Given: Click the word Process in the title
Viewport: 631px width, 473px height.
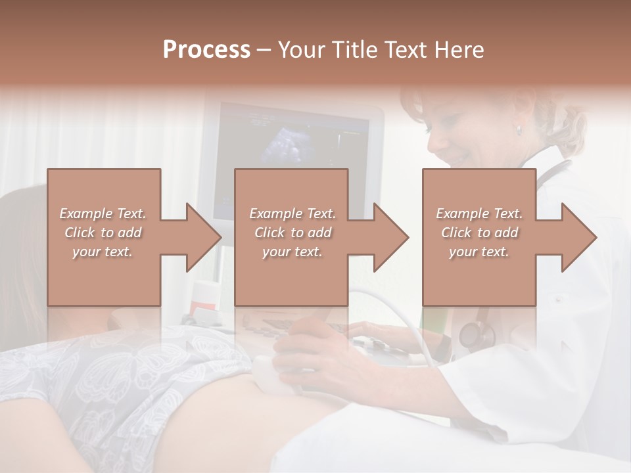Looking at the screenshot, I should pyautogui.click(x=206, y=50).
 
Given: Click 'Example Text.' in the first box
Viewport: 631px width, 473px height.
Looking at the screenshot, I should pyautogui.click(x=103, y=214).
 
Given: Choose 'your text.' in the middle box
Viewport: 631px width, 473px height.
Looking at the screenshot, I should pyautogui.click(x=292, y=252).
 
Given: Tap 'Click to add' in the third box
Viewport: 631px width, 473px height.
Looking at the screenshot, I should pyautogui.click(x=480, y=233).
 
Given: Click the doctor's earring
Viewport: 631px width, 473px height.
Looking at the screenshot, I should pyautogui.click(x=519, y=131).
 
